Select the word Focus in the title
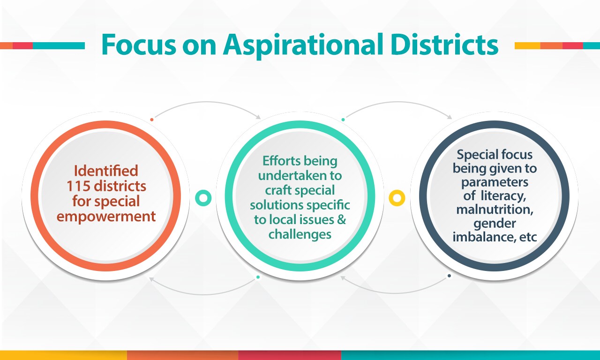click(x=139, y=44)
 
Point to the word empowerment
click(x=106, y=217)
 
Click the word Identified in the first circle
click(x=106, y=171)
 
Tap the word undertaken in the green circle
click(x=300, y=176)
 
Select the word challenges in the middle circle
click(x=300, y=234)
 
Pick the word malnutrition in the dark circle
click(x=495, y=210)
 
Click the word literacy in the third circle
click(x=503, y=196)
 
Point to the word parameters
click(x=495, y=182)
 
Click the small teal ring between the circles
click(x=203, y=198)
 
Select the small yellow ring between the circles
click(x=397, y=198)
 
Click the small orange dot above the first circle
click(x=152, y=120)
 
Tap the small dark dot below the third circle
click(x=449, y=276)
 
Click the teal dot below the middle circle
click(x=258, y=277)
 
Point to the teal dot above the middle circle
click(x=343, y=120)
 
